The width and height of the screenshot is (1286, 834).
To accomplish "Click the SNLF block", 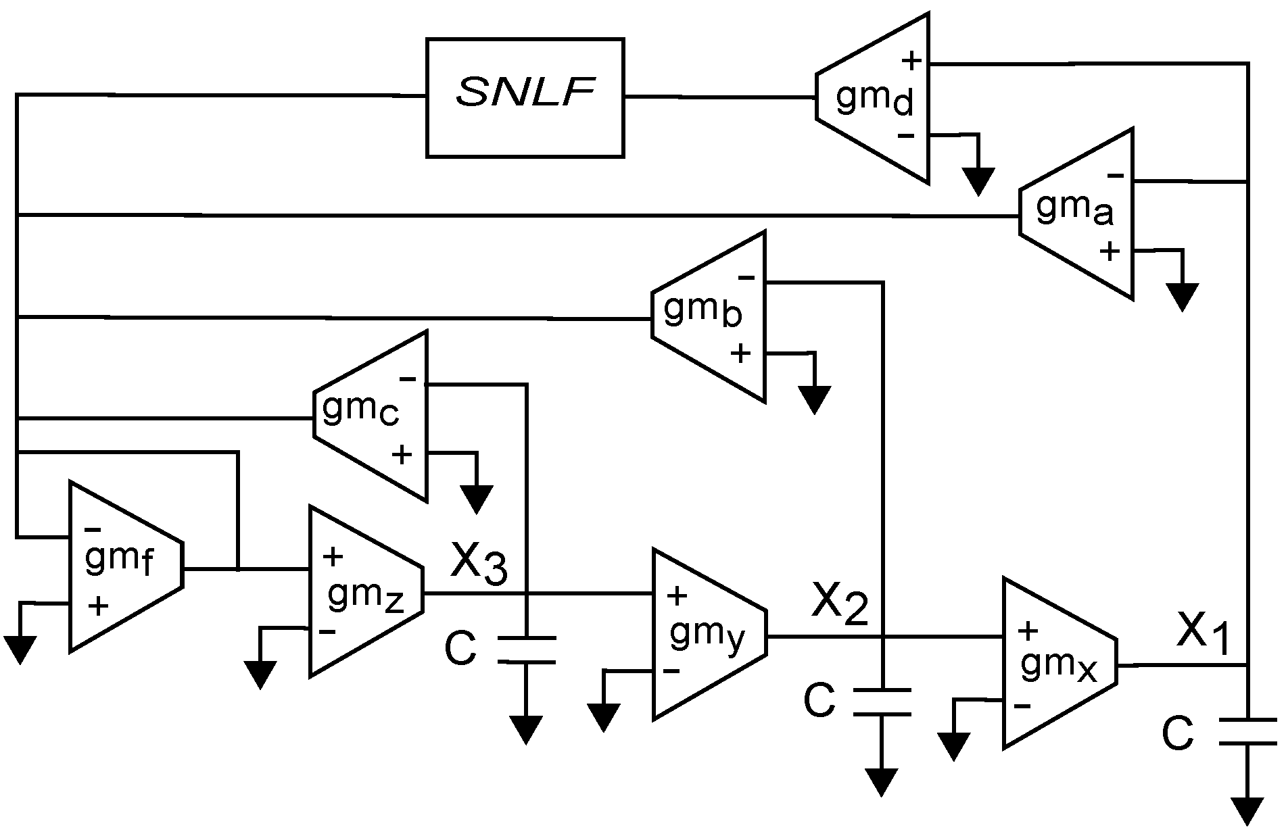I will [525, 98].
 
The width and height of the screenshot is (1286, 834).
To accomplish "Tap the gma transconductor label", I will [1074, 210].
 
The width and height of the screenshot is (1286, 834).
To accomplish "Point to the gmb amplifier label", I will [703, 313].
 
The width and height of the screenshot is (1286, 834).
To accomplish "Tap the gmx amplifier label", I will [1059, 666].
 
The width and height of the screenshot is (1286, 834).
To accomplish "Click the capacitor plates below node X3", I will [526, 650].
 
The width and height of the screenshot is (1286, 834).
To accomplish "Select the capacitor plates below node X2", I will [882, 702].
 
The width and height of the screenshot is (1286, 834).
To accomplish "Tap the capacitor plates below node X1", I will [1247, 732].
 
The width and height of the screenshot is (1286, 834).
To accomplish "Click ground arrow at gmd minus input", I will [978, 181].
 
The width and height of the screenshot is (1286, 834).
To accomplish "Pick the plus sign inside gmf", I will [98, 606].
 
